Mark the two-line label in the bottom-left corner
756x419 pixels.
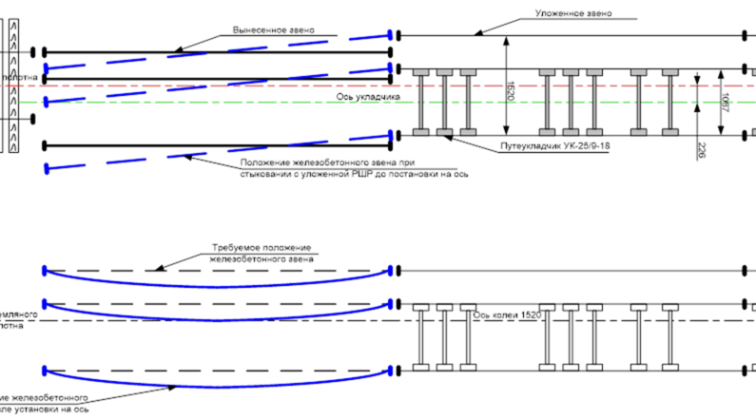pos(43,407)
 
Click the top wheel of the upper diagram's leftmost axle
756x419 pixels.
pos(419,72)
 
